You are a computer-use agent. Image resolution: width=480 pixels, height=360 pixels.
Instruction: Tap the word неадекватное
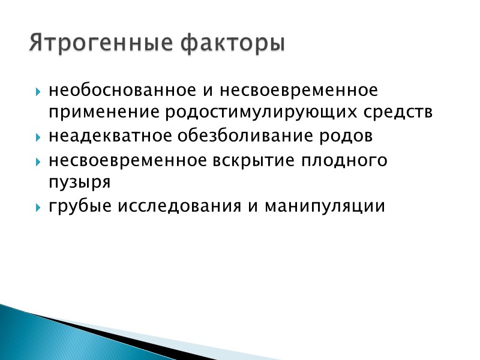110,136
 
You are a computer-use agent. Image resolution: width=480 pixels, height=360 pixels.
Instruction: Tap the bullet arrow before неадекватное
38,138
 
